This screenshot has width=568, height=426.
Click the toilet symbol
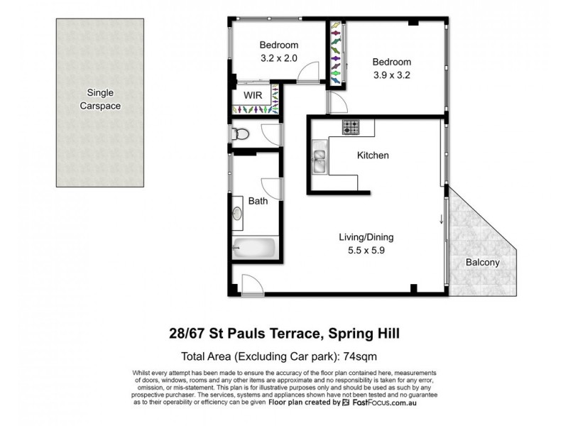[x=241, y=133]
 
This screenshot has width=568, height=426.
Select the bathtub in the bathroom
[x=254, y=249]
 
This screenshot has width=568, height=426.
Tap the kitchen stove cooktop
[x=351, y=127]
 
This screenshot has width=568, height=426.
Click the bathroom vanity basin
[x=237, y=214]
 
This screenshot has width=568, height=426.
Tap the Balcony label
[x=482, y=262]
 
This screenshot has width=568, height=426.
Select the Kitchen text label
[x=372, y=155]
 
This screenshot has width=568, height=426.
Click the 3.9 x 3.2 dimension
[x=391, y=74]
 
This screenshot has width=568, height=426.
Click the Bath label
[x=258, y=201]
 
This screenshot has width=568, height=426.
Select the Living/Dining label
[x=366, y=237]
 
